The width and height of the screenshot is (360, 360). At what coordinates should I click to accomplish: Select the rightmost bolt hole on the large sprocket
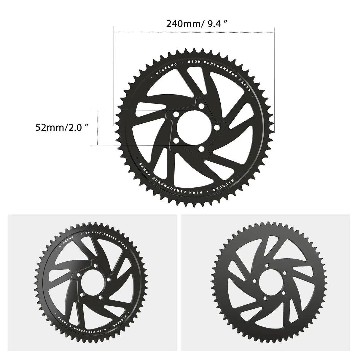point(217,127)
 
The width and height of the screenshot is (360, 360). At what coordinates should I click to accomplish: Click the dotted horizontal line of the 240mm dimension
point(194,32)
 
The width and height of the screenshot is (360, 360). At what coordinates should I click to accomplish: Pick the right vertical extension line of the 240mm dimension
point(274,80)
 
